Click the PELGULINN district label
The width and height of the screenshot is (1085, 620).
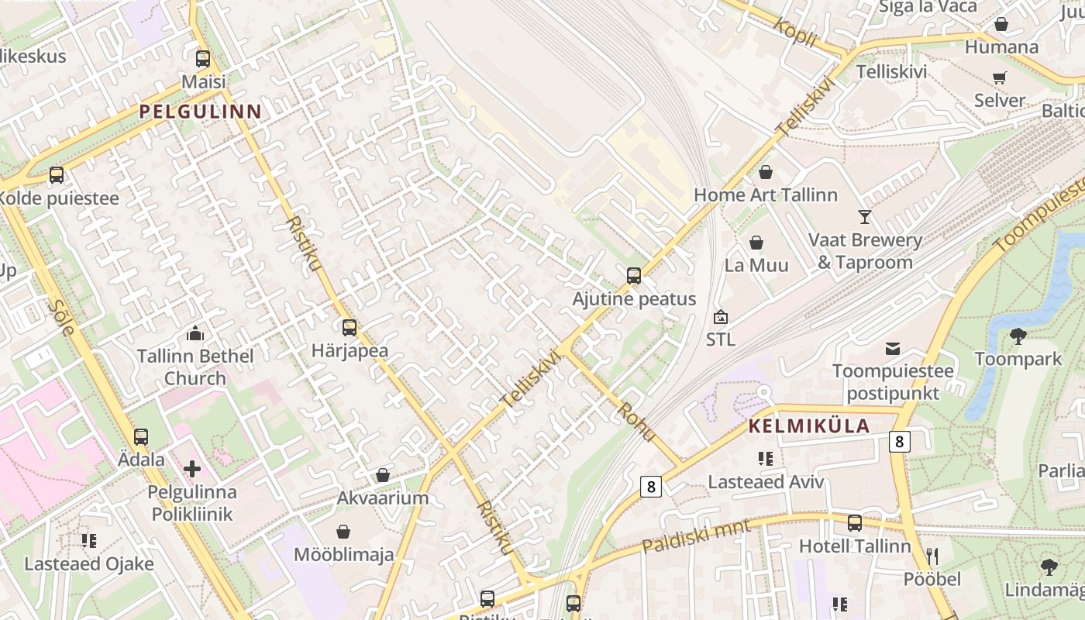point(201,112)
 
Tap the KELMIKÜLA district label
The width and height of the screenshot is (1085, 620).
point(809,426)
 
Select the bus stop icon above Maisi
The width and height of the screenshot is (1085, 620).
point(203,59)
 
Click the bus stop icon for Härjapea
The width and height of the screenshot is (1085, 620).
point(350,328)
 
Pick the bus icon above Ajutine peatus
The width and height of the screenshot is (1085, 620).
point(634,276)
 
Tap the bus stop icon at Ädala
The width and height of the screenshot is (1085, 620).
point(140,437)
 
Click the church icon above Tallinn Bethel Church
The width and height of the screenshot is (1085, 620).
point(195,333)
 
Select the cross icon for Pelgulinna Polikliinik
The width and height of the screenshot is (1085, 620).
point(191,469)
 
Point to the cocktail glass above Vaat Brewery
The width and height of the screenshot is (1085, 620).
point(865,217)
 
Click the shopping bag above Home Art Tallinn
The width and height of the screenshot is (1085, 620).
point(766,172)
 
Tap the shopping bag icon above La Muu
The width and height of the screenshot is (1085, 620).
point(756,243)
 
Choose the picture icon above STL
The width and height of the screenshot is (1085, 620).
point(721,317)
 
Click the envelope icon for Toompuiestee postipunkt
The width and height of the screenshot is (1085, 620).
point(893,349)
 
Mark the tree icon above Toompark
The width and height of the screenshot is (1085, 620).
point(1018,336)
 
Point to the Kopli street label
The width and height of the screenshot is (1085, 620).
point(794,32)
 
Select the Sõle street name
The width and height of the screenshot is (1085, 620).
point(61,316)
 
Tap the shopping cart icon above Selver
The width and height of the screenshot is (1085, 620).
point(1000,77)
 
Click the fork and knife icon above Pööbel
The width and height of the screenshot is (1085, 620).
point(932,556)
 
